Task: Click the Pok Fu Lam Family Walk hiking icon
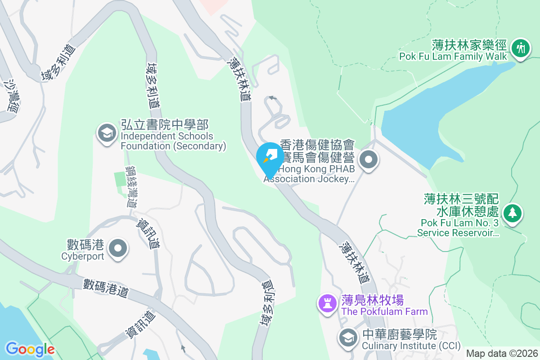click(522, 47)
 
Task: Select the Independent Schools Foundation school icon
click(107, 133)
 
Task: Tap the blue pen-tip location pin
click(270, 157)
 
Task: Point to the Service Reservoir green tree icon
click(512, 212)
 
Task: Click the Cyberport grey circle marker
click(118, 248)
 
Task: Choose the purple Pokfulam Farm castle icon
click(327, 303)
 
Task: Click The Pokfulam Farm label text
click(384, 306)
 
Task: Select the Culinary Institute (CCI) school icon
click(347, 338)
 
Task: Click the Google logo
click(30, 349)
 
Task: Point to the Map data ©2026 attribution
click(502, 353)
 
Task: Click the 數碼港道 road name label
click(106, 288)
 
